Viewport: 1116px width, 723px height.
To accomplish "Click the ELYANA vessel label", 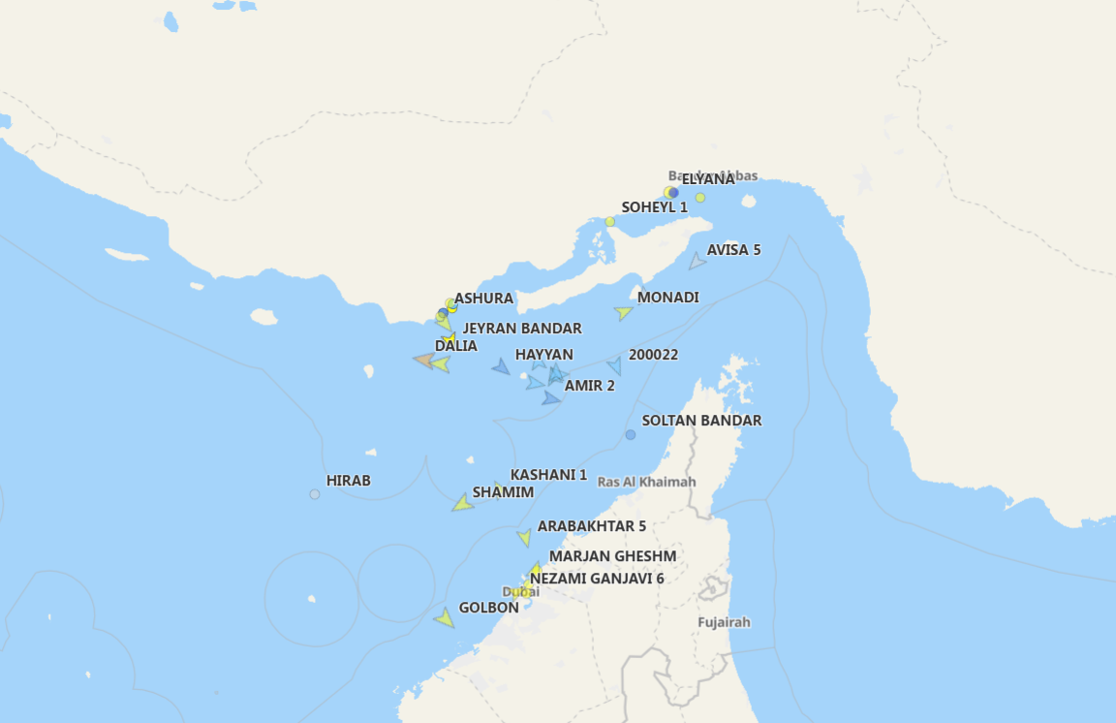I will pyautogui.click(x=708, y=179).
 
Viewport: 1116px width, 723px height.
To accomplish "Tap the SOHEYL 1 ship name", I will pyautogui.click(x=654, y=206).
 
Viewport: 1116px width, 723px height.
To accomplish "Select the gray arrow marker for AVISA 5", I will pyautogui.click(x=697, y=261).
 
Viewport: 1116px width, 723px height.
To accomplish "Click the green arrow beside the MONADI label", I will pyautogui.click(x=623, y=313).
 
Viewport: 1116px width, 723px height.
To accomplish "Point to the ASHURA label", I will pyautogui.click(x=483, y=299).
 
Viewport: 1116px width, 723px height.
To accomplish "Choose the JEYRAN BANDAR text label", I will pyautogui.click(x=522, y=329).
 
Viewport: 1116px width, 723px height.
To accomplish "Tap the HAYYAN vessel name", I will pyautogui.click(x=543, y=355).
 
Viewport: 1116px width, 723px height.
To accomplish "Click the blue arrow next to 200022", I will pyautogui.click(x=614, y=365).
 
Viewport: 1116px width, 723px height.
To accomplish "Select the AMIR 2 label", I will pyautogui.click(x=589, y=386).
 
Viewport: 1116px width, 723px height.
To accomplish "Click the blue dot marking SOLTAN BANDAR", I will pyautogui.click(x=631, y=434).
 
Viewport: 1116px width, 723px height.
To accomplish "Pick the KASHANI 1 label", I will pyautogui.click(x=548, y=475).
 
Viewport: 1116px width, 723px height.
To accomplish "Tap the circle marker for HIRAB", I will pyautogui.click(x=315, y=494).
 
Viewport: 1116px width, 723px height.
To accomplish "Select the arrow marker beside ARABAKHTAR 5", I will pyautogui.click(x=524, y=538).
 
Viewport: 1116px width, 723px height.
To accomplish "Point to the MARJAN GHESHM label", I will pyautogui.click(x=612, y=556).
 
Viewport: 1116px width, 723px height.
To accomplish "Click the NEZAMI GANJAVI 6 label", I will pyautogui.click(x=597, y=579).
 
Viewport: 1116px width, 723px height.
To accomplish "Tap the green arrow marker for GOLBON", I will pyautogui.click(x=445, y=617).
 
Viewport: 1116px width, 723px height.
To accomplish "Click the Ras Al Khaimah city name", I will pyautogui.click(x=646, y=482).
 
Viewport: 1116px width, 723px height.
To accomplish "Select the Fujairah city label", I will pyautogui.click(x=724, y=622).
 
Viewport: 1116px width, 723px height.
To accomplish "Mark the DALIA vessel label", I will pyautogui.click(x=455, y=346).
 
